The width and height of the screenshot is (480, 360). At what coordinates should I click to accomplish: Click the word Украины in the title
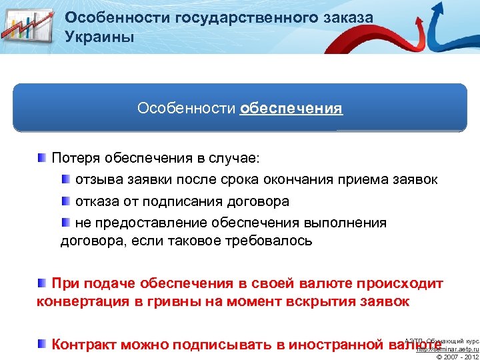click(99, 36)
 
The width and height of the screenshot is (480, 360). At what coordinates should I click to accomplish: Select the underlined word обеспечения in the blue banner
click(291, 108)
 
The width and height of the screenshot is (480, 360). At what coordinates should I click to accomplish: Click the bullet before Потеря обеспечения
click(42, 158)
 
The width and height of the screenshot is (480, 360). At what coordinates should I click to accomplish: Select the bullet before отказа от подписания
click(65, 201)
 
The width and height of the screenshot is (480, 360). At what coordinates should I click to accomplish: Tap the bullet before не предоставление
click(65, 222)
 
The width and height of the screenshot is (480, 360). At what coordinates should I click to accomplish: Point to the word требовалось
click(269, 241)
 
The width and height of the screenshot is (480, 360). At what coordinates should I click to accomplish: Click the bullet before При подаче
click(42, 283)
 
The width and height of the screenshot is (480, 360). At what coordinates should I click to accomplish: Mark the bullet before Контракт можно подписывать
click(42, 344)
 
